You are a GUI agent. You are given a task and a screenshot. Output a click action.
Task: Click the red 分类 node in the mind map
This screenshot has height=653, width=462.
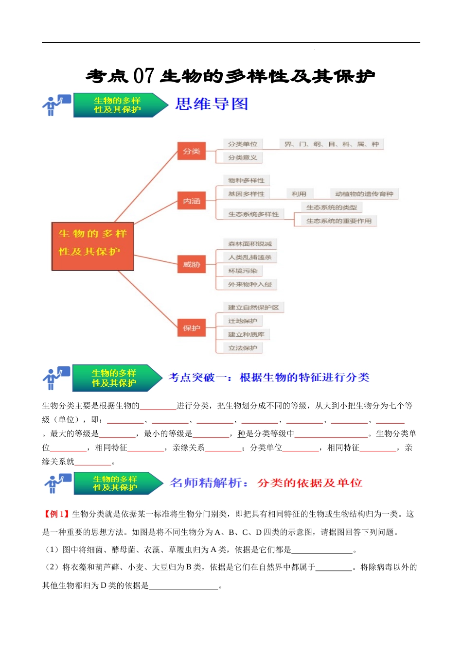(x=192, y=152)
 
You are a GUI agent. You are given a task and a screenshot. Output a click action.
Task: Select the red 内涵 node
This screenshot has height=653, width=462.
(x=192, y=201)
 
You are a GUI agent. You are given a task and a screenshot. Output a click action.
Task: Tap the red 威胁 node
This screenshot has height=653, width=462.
(x=192, y=265)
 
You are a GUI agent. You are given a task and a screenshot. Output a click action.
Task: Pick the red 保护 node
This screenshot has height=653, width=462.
(x=192, y=328)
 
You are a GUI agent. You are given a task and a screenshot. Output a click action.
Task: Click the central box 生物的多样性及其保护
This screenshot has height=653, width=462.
(x=92, y=246)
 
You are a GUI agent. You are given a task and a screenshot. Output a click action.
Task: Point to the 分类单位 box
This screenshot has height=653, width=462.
(x=243, y=144)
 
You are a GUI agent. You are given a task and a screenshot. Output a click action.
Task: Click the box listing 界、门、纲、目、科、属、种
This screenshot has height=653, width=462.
(x=331, y=144)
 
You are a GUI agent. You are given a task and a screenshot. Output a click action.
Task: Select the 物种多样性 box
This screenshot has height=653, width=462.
(x=246, y=181)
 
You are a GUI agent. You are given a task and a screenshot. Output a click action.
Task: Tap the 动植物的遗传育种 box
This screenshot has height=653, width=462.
(x=364, y=194)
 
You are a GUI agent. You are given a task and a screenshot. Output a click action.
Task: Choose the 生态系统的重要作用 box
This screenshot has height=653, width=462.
(x=338, y=221)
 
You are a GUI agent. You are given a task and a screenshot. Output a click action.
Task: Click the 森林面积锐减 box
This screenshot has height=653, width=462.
(x=250, y=244)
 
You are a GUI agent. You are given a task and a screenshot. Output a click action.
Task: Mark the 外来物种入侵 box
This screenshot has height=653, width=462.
(x=250, y=284)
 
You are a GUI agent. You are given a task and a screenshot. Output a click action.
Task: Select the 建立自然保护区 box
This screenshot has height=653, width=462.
(x=253, y=308)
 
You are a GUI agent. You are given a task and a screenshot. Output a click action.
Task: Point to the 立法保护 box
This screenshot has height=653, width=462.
(x=243, y=348)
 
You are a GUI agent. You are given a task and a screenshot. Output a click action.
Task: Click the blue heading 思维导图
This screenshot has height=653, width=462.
(x=212, y=104)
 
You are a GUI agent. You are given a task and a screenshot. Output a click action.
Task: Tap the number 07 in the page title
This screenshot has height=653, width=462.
(x=143, y=76)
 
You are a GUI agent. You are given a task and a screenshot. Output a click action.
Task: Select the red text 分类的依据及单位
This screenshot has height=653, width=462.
(x=310, y=483)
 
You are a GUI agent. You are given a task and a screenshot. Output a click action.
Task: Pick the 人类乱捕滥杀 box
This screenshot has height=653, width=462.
(x=250, y=258)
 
